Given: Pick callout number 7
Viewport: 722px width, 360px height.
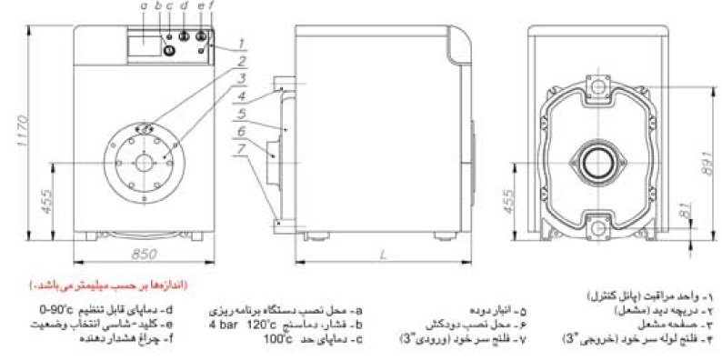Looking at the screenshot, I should [x=243, y=148].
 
